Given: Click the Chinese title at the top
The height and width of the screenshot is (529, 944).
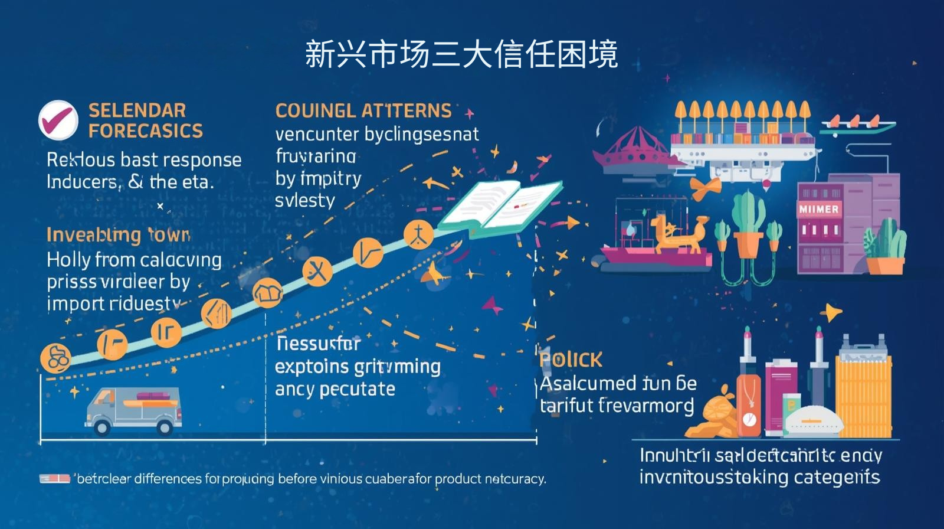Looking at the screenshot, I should [461, 55].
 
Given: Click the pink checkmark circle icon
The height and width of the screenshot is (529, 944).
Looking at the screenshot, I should [58, 119].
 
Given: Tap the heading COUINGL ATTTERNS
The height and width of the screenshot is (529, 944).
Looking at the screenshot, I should [363, 110].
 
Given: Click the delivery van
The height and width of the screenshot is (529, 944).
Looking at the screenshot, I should [133, 410].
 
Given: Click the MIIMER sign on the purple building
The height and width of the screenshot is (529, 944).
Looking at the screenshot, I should [818, 210].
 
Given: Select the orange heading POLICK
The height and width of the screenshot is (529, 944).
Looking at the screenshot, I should [571, 360].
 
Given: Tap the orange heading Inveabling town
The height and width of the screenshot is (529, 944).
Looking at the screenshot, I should [118, 234].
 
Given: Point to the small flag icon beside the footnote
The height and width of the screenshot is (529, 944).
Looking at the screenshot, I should [54, 478].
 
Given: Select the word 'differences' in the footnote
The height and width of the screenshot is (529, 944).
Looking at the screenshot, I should [168, 478].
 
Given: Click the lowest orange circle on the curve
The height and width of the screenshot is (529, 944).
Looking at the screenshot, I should [55, 358].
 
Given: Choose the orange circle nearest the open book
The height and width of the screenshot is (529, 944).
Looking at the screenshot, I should [418, 234].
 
